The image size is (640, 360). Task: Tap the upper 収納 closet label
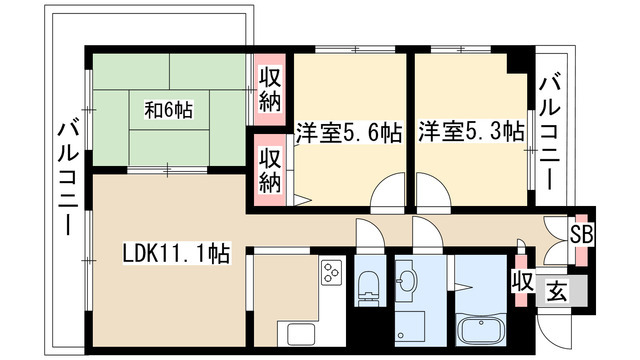(271, 88)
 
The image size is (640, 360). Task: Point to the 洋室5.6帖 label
(348, 131)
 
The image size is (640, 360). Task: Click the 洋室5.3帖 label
(471, 131)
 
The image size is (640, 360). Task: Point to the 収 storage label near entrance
(520, 280)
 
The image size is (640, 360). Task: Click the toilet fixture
(368, 286)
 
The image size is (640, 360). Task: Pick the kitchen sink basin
(299, 334)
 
